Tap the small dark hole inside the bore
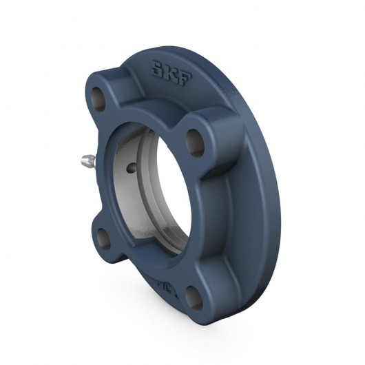tap(132, 167)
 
